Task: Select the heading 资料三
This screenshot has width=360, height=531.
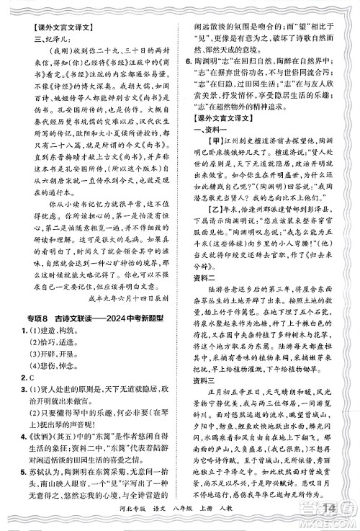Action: click(207, 385)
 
